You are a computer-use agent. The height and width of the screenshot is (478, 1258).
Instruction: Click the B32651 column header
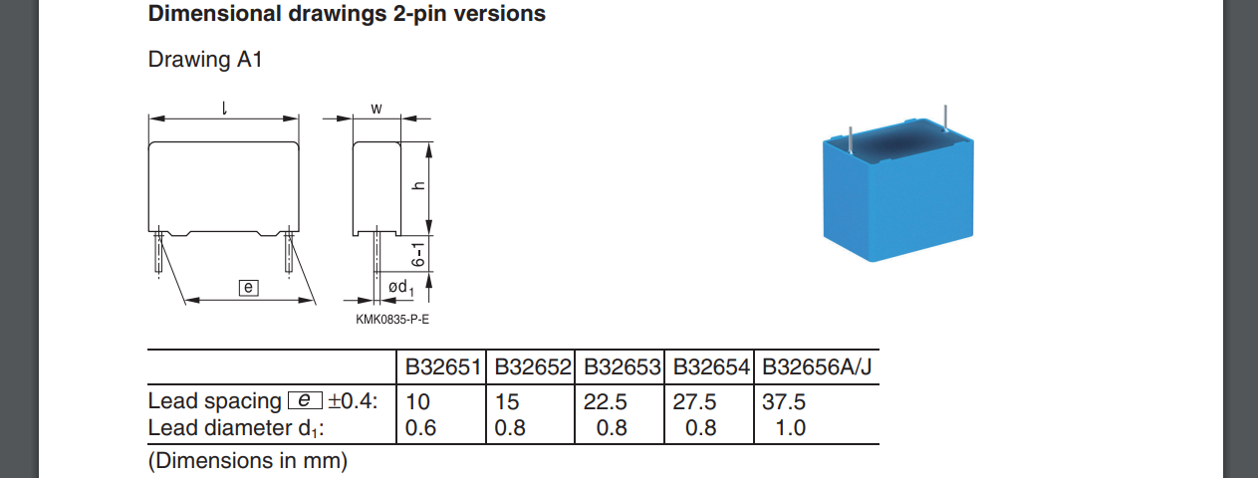443,367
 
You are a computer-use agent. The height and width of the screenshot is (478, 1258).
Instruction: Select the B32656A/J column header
817,367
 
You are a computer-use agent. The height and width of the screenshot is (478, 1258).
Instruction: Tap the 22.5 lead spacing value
605,402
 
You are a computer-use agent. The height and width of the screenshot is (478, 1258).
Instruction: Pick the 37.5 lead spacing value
784,402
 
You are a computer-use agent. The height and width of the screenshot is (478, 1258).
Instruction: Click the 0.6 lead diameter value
420,428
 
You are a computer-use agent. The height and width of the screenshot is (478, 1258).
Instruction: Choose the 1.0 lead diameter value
790,428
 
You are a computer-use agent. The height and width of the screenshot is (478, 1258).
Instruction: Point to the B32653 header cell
622,367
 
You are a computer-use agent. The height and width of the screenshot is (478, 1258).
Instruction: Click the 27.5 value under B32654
694,402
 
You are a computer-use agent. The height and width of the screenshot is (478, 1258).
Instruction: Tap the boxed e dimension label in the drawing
249,288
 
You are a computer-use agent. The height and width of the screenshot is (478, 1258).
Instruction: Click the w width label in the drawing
377,109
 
